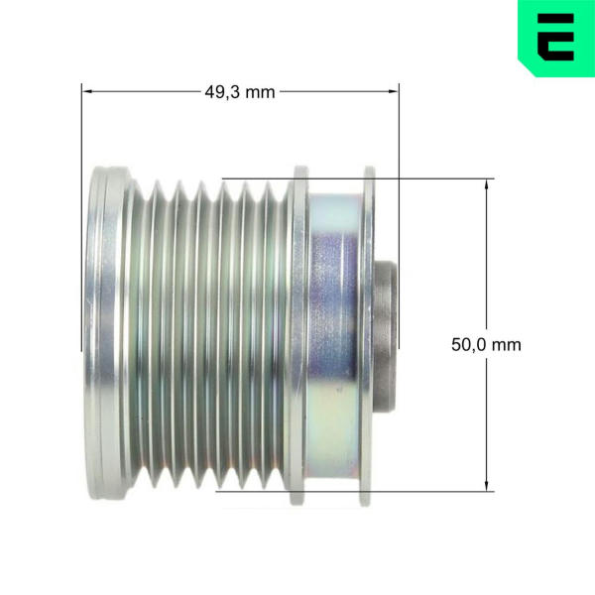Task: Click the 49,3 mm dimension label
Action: (240, 92)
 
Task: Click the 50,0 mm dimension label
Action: (486, 345)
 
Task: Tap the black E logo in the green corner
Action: (555, 38)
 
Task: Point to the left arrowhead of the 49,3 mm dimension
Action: (87, 91)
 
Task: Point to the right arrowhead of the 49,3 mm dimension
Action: (393, 91)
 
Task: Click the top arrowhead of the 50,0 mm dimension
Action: (487, 184)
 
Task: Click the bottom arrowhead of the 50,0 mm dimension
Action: (487, 485)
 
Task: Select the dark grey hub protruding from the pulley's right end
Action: (386, 336)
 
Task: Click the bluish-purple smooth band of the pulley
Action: (333, 336)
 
